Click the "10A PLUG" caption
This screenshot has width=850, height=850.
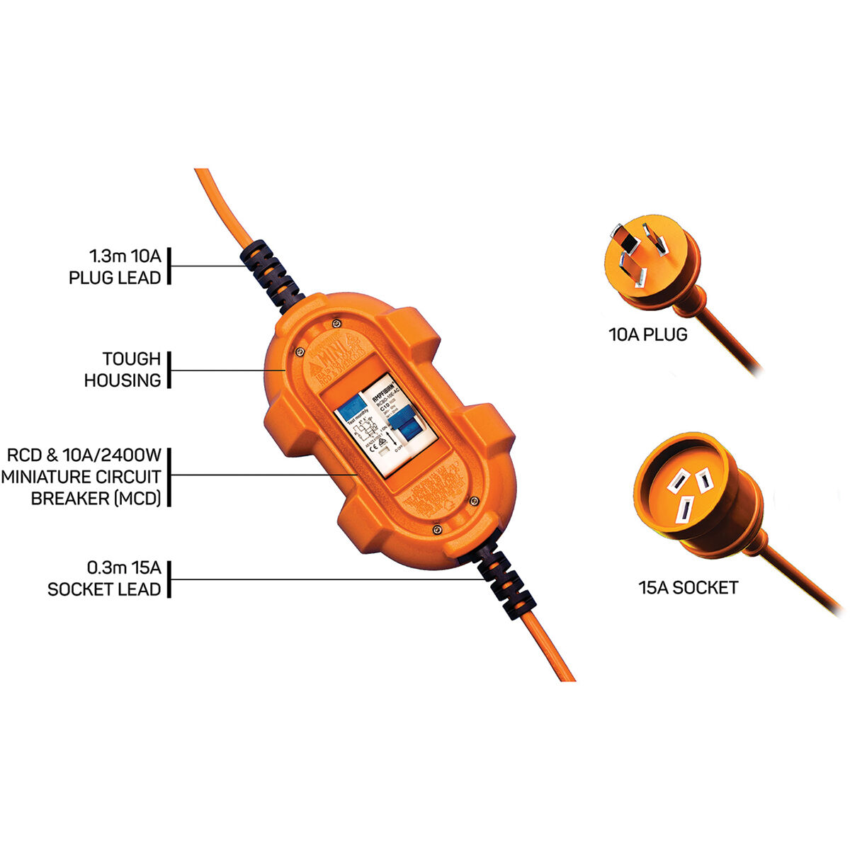point(648,334)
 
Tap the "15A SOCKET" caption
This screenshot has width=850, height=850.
point(688,587)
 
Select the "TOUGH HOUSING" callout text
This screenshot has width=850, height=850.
point(122,370)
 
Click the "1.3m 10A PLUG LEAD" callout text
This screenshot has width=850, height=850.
point(115,266)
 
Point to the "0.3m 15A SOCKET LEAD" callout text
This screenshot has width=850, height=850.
point(104,579)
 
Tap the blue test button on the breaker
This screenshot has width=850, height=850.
point(349,409)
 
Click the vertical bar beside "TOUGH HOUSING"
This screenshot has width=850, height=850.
point(169,370)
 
